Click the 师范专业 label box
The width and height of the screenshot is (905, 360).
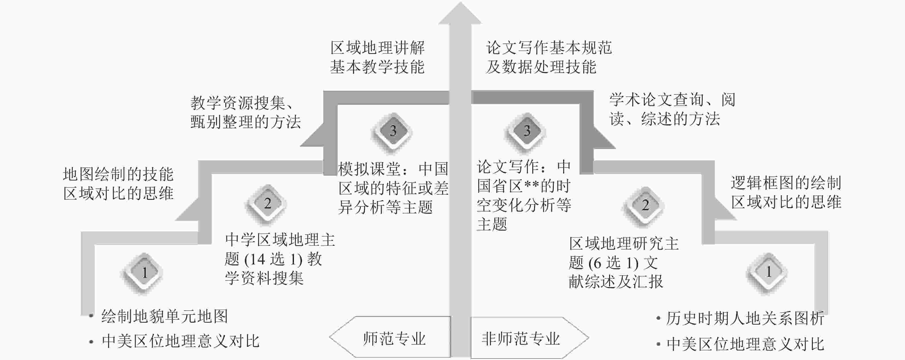[x=394, y=338]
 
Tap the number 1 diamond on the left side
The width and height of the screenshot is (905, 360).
[x=144, y=272]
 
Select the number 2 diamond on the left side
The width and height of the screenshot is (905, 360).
[x=267, y=203]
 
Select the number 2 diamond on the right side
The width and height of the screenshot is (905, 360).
[x=645, y=205]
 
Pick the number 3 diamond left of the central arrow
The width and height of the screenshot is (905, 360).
[x=393, y=131]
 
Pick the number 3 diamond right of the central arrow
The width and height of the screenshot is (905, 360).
[x=527, y=131]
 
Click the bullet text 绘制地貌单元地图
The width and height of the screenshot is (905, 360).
[x=164, y=316]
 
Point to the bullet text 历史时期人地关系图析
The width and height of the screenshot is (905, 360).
[x=745, y=318]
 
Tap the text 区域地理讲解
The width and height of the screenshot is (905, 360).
[x=377, y=48]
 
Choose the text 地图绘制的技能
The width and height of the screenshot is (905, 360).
[x=118, y=174]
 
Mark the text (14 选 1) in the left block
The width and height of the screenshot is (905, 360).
[x=273, y=259]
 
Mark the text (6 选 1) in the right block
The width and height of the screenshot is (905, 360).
[x=613, y=262]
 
